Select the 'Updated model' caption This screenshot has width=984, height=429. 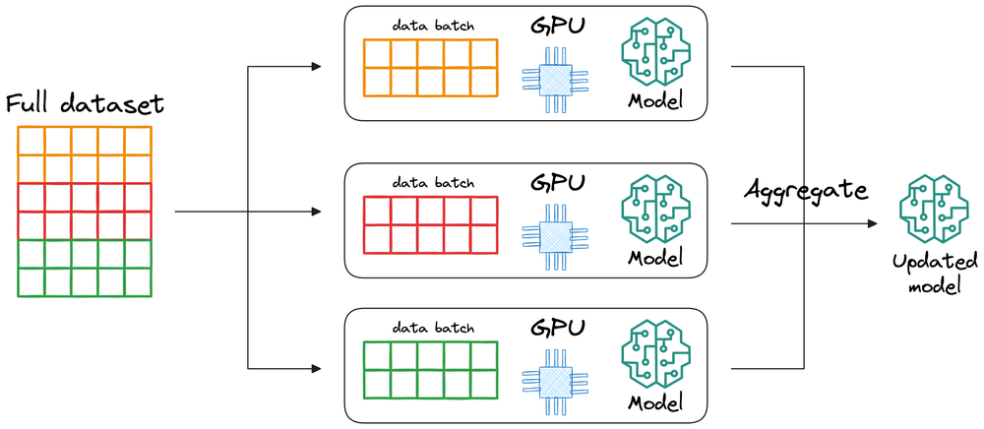point(934,275)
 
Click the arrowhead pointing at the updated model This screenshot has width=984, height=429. point(872,224)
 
